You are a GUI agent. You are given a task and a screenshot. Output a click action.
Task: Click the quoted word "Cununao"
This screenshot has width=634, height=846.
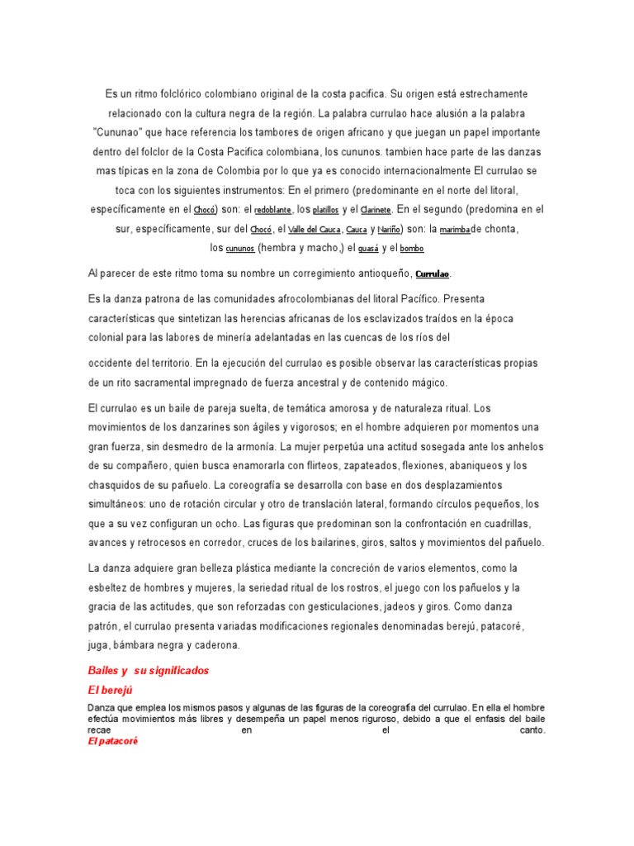[x=119, y=131]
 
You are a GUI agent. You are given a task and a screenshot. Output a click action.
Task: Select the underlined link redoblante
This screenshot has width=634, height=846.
[x=272, y=211]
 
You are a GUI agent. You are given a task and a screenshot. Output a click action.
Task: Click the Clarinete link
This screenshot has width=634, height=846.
[x=377, y=211]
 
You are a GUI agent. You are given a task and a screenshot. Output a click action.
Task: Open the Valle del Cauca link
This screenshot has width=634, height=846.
[x=314, y=230]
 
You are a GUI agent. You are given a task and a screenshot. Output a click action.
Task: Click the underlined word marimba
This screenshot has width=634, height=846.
[x=454, y=230]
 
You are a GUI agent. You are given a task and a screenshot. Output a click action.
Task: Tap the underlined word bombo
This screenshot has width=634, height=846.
[x=413, y=249]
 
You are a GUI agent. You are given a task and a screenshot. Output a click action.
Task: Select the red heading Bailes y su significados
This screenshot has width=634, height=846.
[x=149, y=671]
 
